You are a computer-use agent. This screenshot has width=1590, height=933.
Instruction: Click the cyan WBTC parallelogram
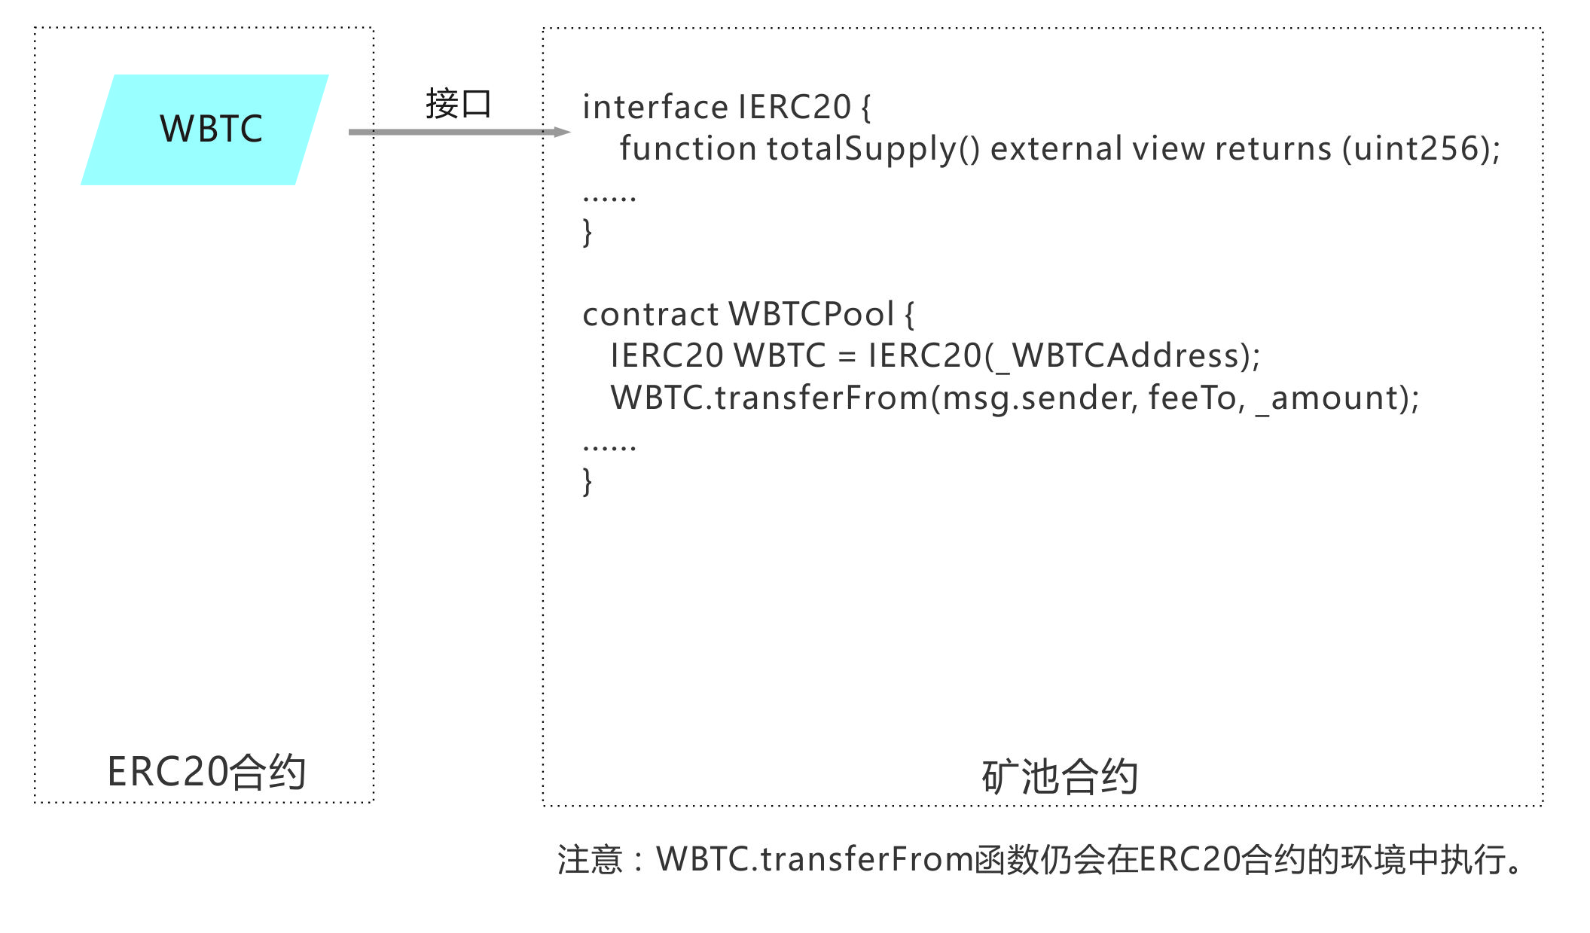(x=205, y=130)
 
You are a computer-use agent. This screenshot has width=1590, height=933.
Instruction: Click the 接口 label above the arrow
(x=458, y=104)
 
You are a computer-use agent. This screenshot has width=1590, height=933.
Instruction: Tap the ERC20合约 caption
(x=206, y=772)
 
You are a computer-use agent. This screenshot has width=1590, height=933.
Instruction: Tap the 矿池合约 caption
(x=1059, y=777)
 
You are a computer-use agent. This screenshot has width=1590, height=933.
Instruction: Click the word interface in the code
(x=655, y=107)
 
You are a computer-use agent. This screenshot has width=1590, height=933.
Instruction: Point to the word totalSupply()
(x=874, y=148)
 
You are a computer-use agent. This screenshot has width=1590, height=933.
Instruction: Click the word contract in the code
(x=650, y=314)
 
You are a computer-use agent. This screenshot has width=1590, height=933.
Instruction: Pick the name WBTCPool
(x=812, y=314)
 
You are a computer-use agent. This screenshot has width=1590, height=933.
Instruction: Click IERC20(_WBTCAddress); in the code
(x=1064, y=355)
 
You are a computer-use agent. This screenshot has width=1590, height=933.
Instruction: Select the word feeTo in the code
(x=1192, y=398)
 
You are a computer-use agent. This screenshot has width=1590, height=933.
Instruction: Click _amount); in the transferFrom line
(x=1337, y=398)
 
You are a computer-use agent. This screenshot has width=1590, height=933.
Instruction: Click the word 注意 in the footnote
(x=590, y=859)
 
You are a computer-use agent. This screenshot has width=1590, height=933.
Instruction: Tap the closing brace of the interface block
(x=587, y=232)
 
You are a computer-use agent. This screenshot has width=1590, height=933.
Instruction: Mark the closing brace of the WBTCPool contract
(x=587, y=481)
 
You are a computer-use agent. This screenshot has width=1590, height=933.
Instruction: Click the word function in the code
(x=688, y=148)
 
